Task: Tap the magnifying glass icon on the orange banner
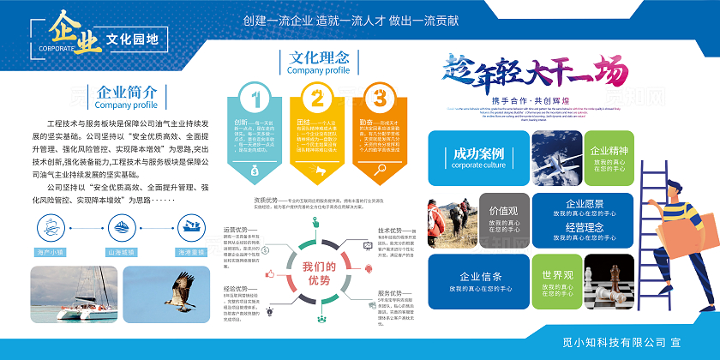point(380,170)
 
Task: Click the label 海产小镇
point(51,252)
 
